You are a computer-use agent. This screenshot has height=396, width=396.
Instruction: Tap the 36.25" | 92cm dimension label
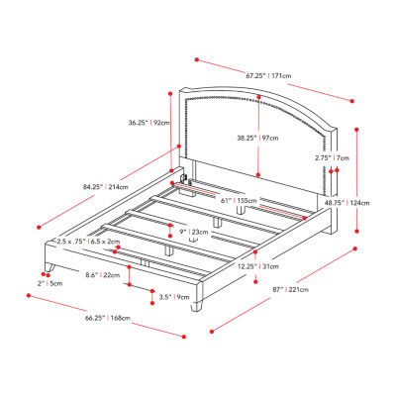pyautogui.click(x=148, y=123)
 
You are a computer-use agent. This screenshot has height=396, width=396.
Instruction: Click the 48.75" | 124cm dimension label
pyautogui.click(x=350, y=203)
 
